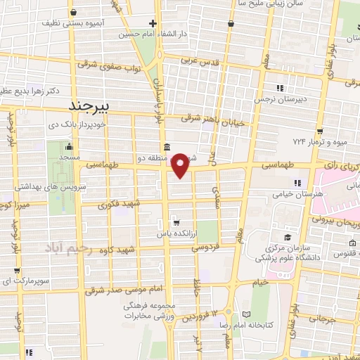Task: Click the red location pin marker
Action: pyautogui.click(x=181, y=165)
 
